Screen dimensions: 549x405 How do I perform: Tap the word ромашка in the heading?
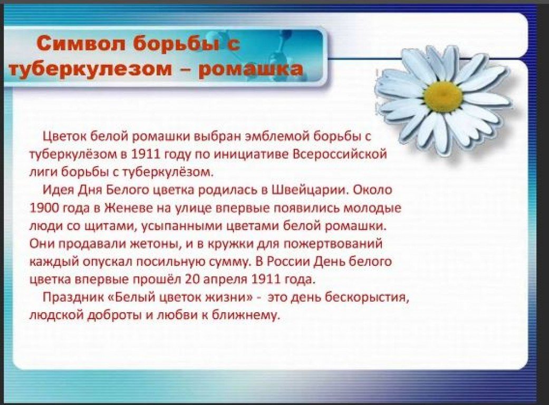[x=251, y=69]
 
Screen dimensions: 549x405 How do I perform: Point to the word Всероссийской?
[x=340, y=154]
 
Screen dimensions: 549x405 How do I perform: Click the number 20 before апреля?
[x=192, y=279]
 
